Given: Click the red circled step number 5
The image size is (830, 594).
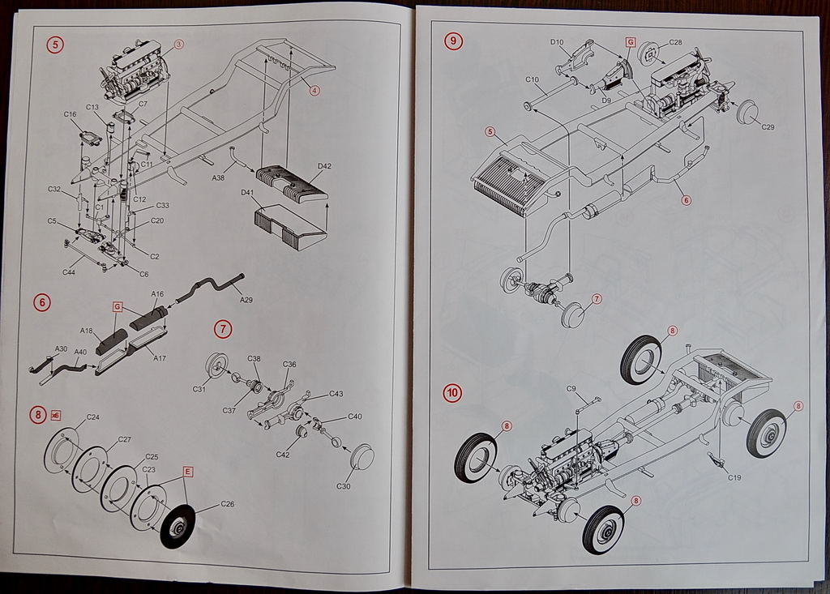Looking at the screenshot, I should pos(55,45).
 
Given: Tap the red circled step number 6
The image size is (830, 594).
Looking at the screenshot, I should pos(42,302).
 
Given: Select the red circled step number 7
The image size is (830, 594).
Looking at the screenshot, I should pos(224,328).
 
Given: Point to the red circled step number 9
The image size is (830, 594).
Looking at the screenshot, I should pos(453,41).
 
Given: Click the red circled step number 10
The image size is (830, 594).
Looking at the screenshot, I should pos(452,393).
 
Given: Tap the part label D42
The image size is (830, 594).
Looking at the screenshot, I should pos(324,166).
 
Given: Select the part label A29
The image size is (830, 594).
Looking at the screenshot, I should pos(246,300).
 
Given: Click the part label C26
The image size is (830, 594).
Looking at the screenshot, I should pos(228,504).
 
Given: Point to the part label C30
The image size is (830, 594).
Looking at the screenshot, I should pos(344,486).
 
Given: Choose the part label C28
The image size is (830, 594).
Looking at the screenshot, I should pos(675,42).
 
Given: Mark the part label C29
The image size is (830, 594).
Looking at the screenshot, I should pos(768,127).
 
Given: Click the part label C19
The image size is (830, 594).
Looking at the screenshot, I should pos(734,477).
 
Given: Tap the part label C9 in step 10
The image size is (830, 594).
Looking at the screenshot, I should pos(571,389).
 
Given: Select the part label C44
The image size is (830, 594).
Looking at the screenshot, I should pos(69,271).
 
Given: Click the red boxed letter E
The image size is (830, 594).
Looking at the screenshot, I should pos(188,471).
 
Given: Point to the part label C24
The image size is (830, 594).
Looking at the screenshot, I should pos(93,417).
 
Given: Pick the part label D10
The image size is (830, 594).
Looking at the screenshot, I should pos(557,42).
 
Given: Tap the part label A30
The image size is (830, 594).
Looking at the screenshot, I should pos(61,348).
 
